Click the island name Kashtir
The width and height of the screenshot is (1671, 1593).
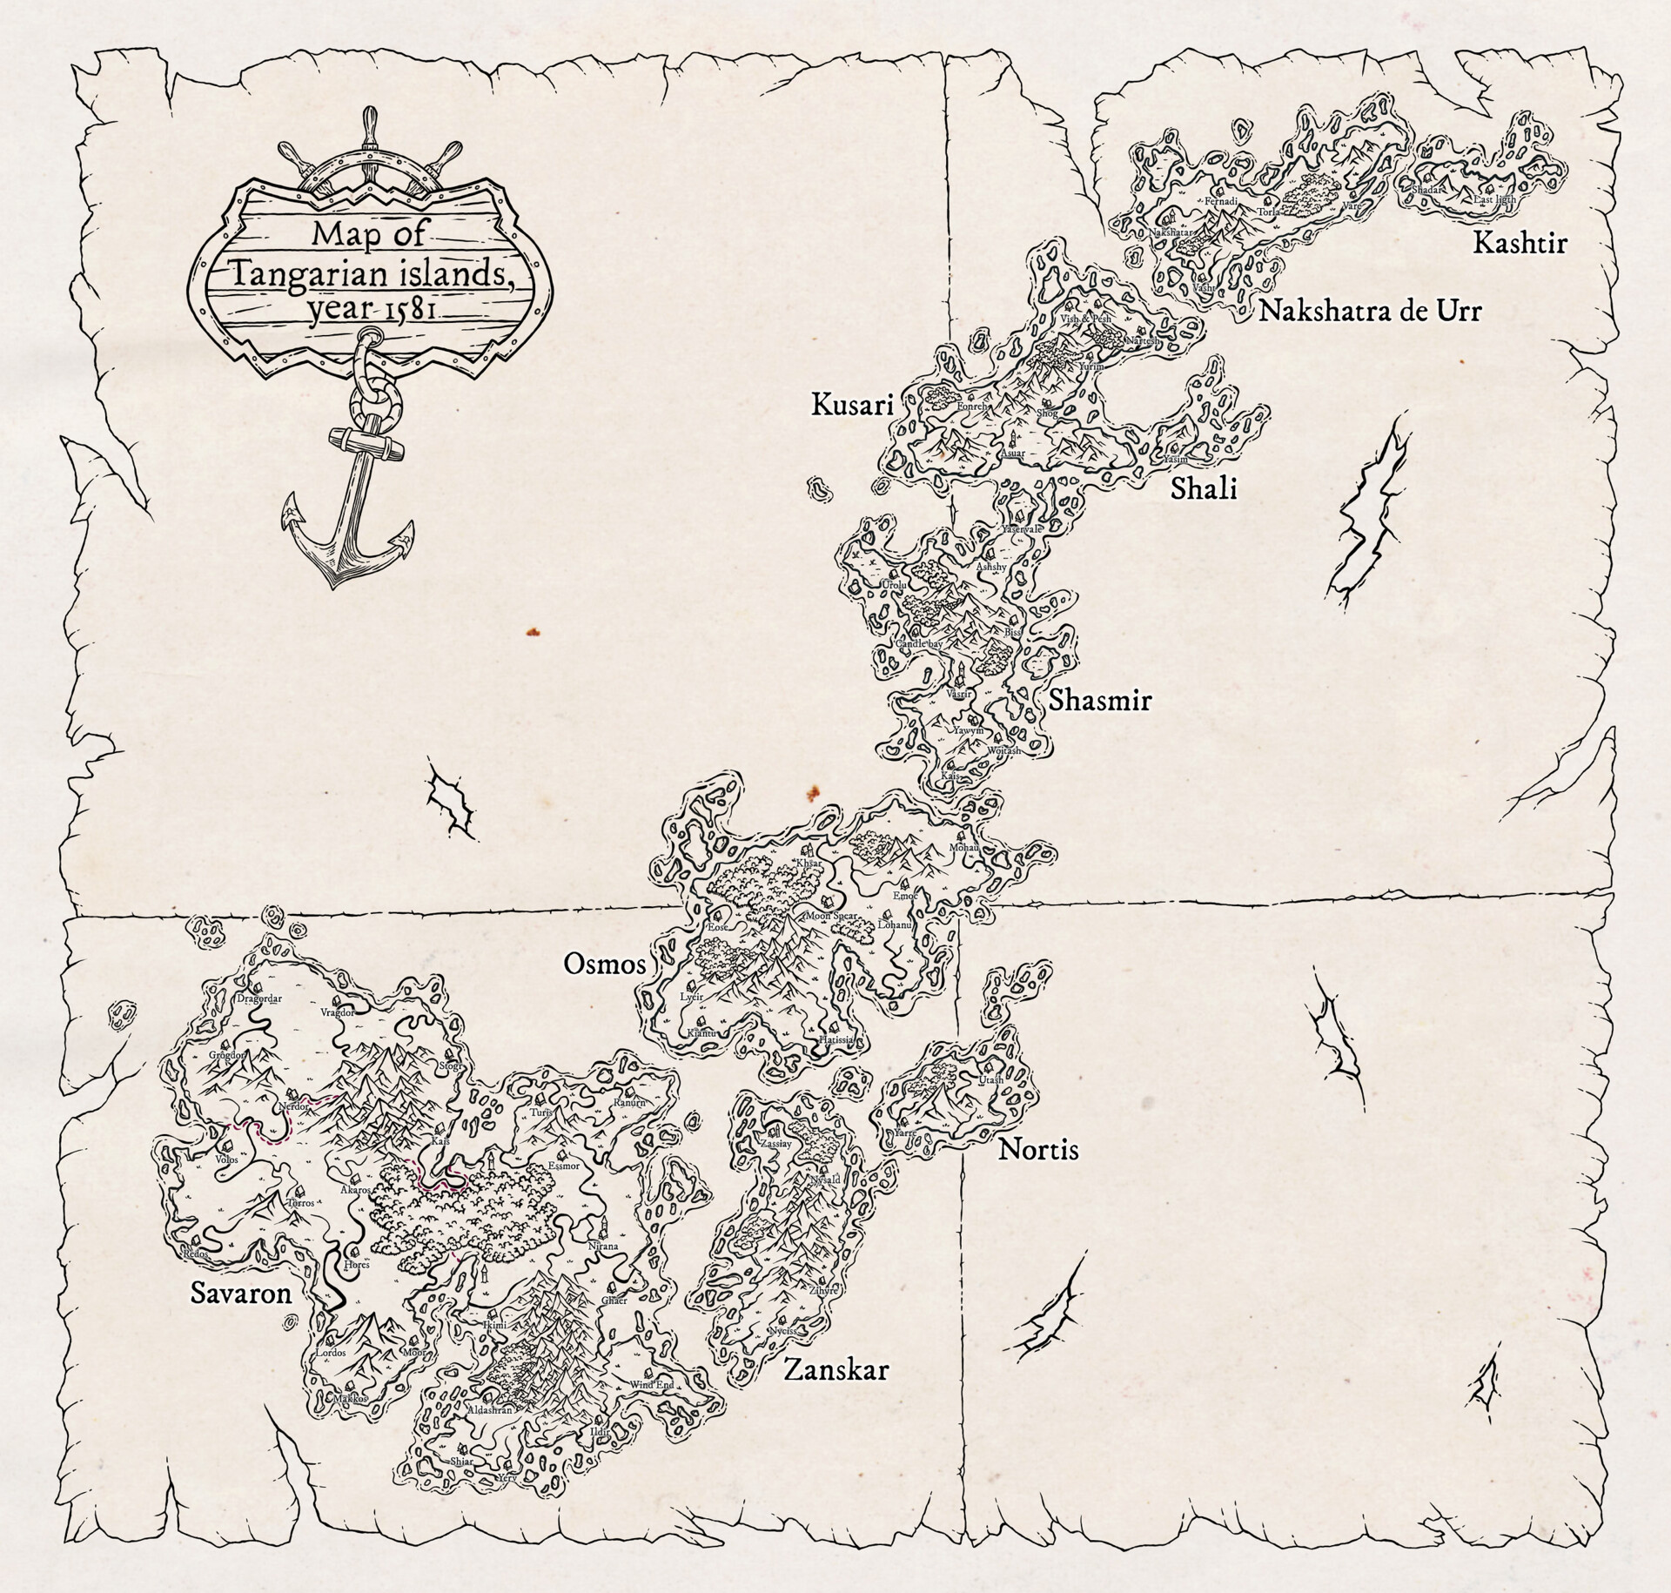[1519, 242]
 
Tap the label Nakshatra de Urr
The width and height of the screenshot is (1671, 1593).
[1369, 311]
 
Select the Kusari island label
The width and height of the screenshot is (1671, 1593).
[852, 405]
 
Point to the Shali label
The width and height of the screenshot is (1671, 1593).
[1203, 489]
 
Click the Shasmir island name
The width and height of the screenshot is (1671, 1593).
[1100, 700]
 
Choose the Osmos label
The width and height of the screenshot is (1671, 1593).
[605, 964]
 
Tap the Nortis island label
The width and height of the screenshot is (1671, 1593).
[1037, 1150]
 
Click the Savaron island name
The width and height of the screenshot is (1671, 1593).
[241, 1294]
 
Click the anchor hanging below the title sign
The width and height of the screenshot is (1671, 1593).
[348, 505]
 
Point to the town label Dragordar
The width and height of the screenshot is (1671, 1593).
[259, 998]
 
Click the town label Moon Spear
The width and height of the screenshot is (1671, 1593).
[831, 917]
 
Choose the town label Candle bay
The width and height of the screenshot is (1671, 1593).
[919, 643]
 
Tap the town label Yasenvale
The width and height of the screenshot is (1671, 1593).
[1022, 528]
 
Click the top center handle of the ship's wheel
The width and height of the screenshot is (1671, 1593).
[372, 122]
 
